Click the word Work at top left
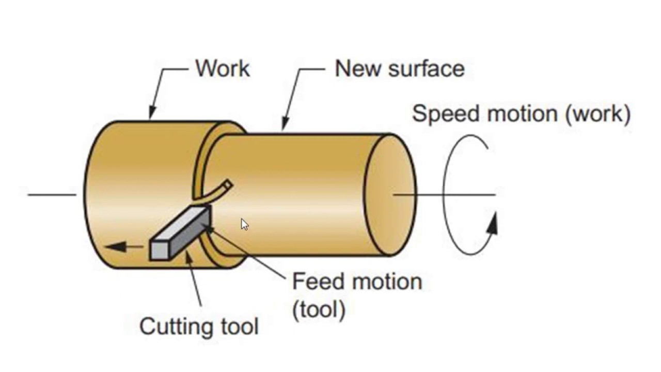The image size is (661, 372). pyautogui.click(x=223, y=69)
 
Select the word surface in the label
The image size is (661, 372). pyautogui.click(x=427, y=69)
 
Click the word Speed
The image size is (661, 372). pyautogui.click(x=446, y=114)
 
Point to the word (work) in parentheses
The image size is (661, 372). pyautogui.click(x=598, y=114)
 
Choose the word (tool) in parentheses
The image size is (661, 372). pyautogui.click(x=319, y=309)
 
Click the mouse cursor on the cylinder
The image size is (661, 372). pyautogui.click(x=244, y=224)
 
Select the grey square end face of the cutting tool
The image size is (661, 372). pyautogui.click(x=160, y=251)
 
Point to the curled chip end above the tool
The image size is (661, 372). pyautogui.click(x=228, y=185)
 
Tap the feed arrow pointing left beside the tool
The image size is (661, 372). pyautogui.click(x=124, y=246)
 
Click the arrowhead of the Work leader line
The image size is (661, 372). pyautogui.click(x=152, y=112)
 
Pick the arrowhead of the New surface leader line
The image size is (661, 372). pyautogui.click(x=285, y=123)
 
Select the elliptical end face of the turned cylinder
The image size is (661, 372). pyautogui.click(x=390, y=195)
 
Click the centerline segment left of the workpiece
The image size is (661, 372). pyautogui.click(x=52, y=195)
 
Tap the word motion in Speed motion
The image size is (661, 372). pyautogui.click(x=522, y=114)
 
